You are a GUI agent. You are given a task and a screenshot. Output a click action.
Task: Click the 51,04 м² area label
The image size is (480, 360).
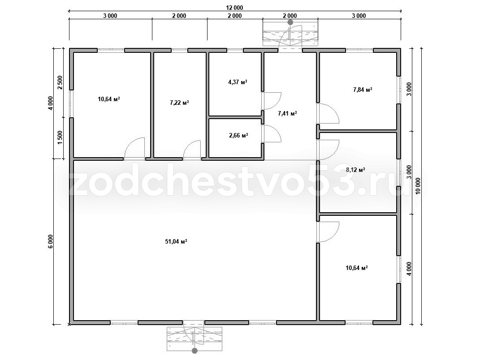click(176, 242)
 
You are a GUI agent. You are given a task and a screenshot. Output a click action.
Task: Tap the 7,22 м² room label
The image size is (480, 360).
click(179, 103)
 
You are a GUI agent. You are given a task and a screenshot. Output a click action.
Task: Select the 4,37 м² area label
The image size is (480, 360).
click(238, 82)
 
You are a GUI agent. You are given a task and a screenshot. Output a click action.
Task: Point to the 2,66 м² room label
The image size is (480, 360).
click(238, 135)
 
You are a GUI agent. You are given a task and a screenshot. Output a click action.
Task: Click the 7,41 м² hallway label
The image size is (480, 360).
click(287, 114)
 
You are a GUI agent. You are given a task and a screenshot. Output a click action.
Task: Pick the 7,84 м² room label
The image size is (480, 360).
click(363, 90)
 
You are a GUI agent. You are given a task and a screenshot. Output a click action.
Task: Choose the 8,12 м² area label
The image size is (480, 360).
click(355, 170)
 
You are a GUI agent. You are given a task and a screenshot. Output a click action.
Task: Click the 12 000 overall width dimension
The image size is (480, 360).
click(235, 8)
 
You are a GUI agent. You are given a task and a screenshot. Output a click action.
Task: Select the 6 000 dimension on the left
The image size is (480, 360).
click(51, 242)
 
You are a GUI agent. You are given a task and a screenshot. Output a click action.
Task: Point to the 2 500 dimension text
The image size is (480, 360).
click(60, 82)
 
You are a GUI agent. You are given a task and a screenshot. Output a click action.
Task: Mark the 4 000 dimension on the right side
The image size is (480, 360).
click(409, 269)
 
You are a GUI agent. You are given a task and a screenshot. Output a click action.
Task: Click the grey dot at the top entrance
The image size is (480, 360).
click(290, 22)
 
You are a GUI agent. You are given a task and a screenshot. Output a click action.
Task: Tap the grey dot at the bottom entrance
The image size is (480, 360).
click(194, 351)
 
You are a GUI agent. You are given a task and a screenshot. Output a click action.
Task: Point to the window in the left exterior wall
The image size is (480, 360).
click(71, 104)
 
